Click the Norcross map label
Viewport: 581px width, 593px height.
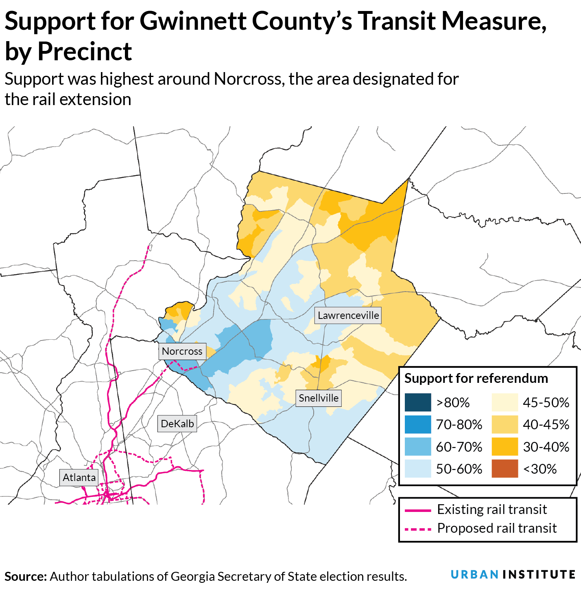pyautogui.click(x=182, y=351)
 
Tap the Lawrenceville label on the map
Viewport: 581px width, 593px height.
pyautogui.click(x=348, y=315)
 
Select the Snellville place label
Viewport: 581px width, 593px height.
pyautogui.click(x=319, y=398)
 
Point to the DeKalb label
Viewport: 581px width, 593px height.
pyautogui.click(x=177, y=424)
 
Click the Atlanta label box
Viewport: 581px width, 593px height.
pyautogui.click(x=79, y=477)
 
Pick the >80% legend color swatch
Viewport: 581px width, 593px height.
pyautogui.click(x=418, y=402)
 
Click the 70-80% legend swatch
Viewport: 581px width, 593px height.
pyautogui.click(x=418, y=424)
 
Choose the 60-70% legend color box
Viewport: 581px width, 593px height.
pyautogui.click(x=418, y=447)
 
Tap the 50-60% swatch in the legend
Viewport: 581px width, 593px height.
pyautogui.click(x=418, y=469)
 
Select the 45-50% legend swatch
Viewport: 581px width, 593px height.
pyautogui.click(x=505, y=402)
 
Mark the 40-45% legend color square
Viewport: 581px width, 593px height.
pyautogui.click(x=505, y=424)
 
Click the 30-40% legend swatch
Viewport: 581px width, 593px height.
pyautogui.click(x=505, y=447)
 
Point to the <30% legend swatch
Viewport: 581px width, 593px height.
pyautogui.click(x=505, y=469)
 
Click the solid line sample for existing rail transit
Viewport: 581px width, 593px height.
pyautogui.click(x=418, y=510)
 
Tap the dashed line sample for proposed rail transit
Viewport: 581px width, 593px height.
pyautogui.click(x=418, y=529)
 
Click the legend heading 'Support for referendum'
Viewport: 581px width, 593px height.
pyautogui.click(x=476, y=378)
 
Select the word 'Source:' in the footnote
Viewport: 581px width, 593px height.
pyautogui.click(x=26, y=577)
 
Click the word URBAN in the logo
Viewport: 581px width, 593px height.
pyautogui.click(x=474, y=575)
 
